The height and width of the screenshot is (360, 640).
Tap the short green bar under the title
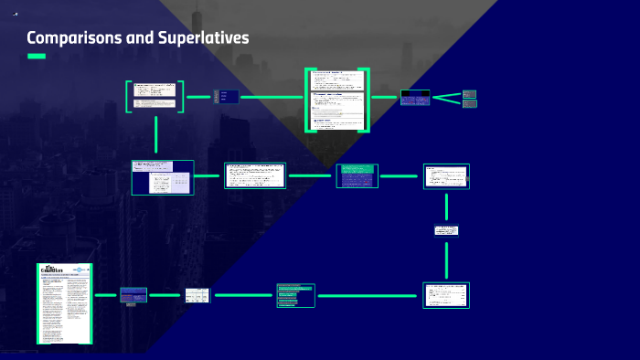pos(37,57)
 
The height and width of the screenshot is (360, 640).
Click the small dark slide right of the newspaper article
pos(133,295)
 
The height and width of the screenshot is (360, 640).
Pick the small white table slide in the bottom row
pos(197,295)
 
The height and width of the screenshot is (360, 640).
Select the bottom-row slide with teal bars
pos(295,295)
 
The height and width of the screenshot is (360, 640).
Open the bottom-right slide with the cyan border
pos(446,295)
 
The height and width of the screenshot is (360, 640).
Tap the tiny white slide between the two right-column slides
pos(446,230)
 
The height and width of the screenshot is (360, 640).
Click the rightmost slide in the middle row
pos(446,176)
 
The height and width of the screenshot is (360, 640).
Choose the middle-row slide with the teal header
pos(357,175)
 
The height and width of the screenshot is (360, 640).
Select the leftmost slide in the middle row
pos(163,177)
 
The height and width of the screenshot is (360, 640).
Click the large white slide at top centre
pos(337,99)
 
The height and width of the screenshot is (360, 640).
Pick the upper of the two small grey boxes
pos(470,93)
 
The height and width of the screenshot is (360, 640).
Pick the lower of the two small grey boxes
pos(470,103)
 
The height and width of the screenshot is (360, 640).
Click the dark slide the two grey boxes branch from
pos(415,98)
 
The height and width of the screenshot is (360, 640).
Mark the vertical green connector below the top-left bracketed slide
pos(156,135)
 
